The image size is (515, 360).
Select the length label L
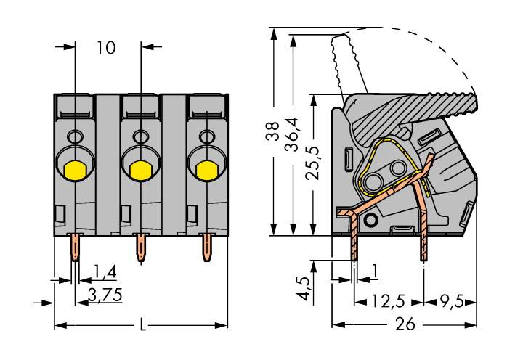pyautogui.click(x=142, y=326)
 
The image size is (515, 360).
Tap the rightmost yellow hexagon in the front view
pyautogui.click(x=206, y=169)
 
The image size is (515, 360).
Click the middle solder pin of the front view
pyautogui.click(x=141, y=250)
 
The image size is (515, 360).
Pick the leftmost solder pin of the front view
pyautogui.click(x=75, y=250)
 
